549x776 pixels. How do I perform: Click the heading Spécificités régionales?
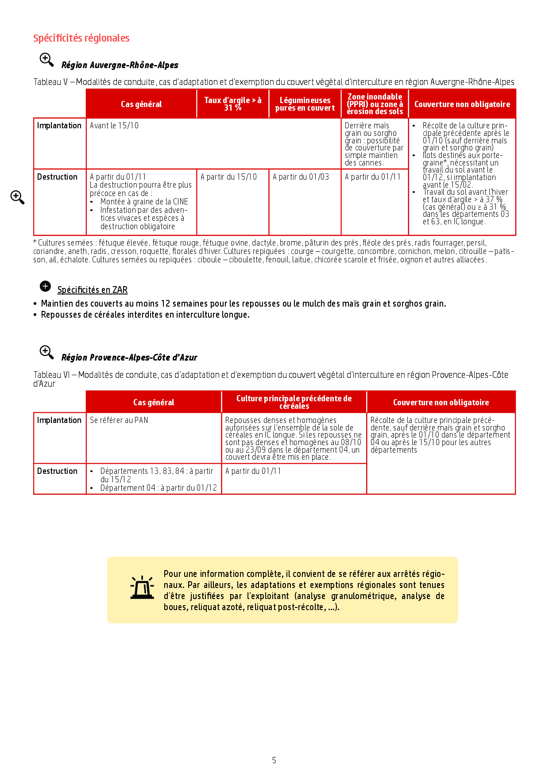coord(81,38)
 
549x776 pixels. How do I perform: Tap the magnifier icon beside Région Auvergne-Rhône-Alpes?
coord(46,60)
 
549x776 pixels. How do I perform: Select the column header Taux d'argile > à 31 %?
coord(232,104)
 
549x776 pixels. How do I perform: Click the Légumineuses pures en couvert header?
coord(305,104)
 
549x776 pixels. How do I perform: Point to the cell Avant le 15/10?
coord(114,126)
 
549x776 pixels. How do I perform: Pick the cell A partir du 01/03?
coord(301,177)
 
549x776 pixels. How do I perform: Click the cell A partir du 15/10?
coord(228,177)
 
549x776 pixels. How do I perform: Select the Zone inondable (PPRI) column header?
coord(375,104)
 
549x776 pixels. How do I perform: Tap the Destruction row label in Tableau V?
coord(57,177)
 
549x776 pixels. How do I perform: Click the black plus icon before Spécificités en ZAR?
coord(45,286)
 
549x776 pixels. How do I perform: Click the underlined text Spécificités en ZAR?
coord(93,290)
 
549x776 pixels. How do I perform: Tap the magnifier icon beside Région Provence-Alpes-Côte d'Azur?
coord(46,352)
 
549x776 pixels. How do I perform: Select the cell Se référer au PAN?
coord(119,420)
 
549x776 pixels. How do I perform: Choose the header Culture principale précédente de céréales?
coord(294,402)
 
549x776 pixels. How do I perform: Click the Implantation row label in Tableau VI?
coord(59,420)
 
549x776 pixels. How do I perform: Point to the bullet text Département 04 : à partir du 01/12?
coord(159,488)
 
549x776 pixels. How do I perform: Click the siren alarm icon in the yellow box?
coord(142,588)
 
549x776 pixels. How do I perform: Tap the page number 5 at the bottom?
coord(274,760)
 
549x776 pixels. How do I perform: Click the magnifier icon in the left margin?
coord(17,197)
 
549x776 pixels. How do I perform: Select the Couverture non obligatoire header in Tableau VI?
coord(441,402)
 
